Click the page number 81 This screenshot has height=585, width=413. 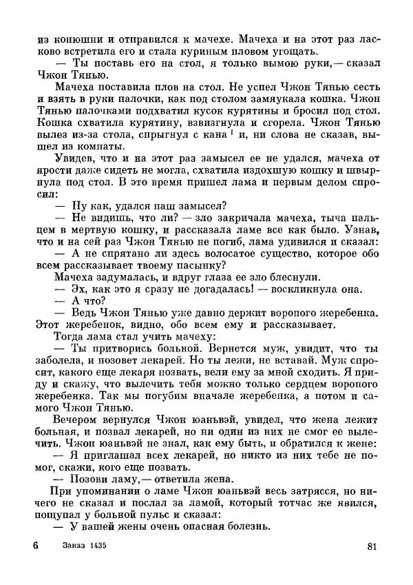[x=372, y=547]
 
